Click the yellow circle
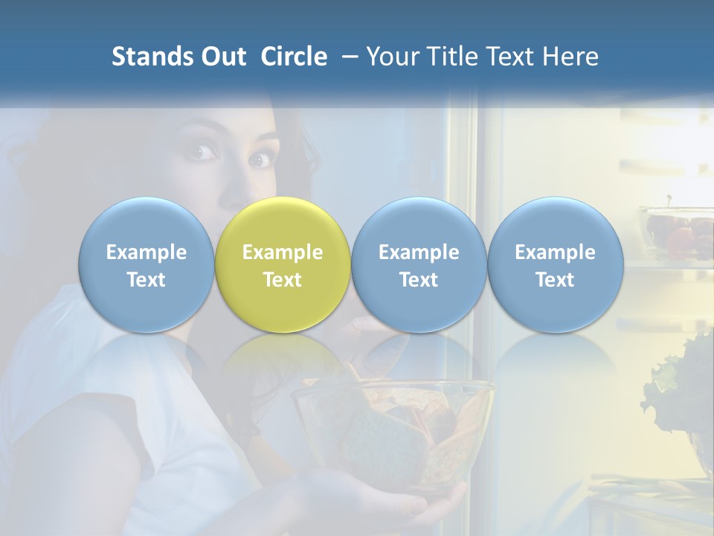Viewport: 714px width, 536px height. click(283, 264)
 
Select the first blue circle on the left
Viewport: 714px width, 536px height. click(146, 264)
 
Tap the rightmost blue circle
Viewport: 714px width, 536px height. click(555, 264)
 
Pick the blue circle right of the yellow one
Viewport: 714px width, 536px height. click(419, 264)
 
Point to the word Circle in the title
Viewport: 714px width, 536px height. click(294, 57)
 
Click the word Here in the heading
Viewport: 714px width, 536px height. click(573, 57)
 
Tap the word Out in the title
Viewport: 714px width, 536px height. click(221, 57)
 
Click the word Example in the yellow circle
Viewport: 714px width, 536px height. click(283, 252)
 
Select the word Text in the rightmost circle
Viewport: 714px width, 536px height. click(555, 280)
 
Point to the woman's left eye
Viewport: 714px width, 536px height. click(259, 159)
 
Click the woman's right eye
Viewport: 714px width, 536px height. click(202, 153)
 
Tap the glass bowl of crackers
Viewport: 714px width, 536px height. click(394, 424)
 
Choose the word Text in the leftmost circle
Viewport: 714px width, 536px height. click(146, 280)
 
